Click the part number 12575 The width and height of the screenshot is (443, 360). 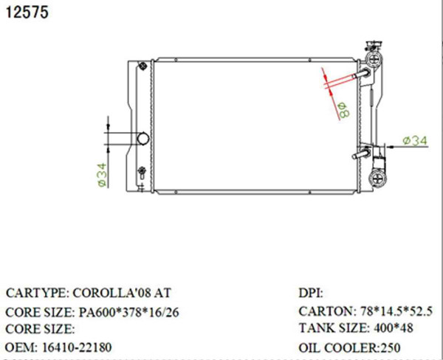pyautogui.click(x=27, y=13)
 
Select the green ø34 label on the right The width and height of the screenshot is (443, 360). pyautogui.click(x=416, y=139)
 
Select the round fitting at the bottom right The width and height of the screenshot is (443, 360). pyautogui.click(x=378, y=176)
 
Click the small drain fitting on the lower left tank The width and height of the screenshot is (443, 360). pyautogui.click(x=142, y=175)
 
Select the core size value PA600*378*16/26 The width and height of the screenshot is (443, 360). pyautogui.click(x=129, y=312)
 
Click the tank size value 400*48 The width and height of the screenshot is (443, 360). pyautogui.click(x=391, y=328)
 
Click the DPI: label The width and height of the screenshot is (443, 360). pyautogui.click(x=310, y=293)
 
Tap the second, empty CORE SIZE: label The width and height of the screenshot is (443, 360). pyautogui.click(x=40, y=329)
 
